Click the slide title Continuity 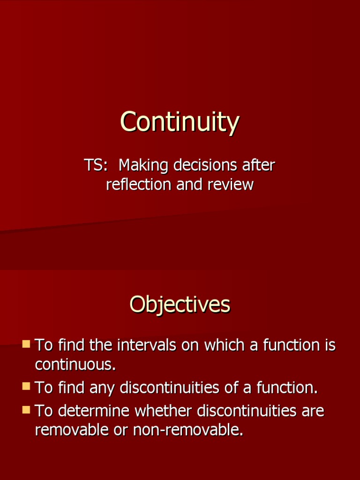180,122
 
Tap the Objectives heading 180,305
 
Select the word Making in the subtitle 143,165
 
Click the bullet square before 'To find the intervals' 26,344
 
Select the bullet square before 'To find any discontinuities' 26,386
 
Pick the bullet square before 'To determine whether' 26,410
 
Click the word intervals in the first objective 147,345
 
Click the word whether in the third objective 164,411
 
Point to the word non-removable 188,430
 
